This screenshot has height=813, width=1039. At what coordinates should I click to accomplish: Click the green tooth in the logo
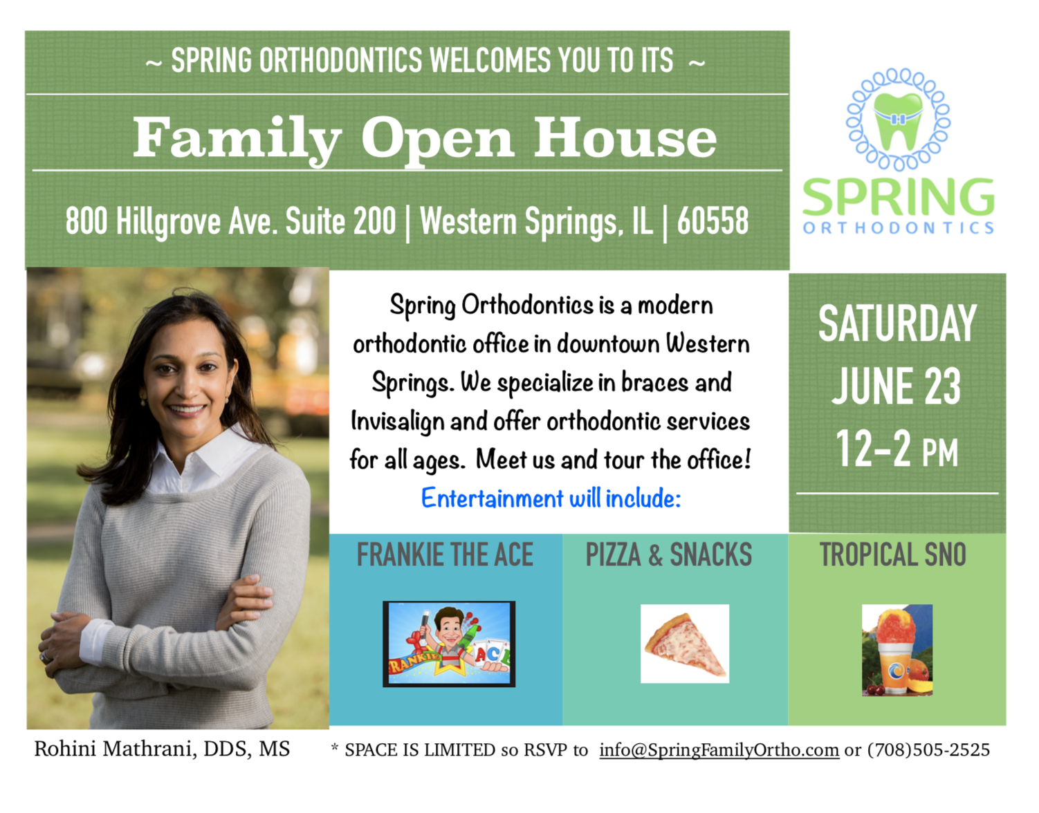coord(897,120)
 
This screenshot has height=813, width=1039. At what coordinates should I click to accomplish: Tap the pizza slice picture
coord(685,644)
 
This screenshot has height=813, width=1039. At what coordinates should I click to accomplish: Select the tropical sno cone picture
coord(897,650)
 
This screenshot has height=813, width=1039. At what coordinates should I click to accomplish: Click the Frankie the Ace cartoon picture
coord(449,644)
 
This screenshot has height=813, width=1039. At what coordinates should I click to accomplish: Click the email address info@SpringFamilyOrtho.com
coord(719,750)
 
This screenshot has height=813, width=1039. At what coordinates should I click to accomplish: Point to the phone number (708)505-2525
coord(928,749)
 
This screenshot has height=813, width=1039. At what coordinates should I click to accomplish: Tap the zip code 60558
coord(712,221)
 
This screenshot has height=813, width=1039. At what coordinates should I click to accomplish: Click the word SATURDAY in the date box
coord(897,324)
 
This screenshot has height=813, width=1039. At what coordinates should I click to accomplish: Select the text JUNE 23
coord(897,386)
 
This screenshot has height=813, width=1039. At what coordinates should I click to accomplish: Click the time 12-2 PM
coord(897,448)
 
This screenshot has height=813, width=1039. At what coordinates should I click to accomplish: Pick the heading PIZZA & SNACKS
coord(669,554)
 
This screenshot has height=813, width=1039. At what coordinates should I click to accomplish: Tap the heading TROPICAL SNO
coord(892,554)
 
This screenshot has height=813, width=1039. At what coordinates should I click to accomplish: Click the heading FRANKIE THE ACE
coord(445,554)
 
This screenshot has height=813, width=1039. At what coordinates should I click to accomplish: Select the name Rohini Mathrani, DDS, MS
coord(162,749)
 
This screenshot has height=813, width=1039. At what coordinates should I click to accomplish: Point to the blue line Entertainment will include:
coord(551,498)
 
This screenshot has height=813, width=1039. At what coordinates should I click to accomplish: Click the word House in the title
coord(625,138)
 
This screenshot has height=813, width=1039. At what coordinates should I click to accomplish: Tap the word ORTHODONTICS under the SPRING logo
coord(899,228)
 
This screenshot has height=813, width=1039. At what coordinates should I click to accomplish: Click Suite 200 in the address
coord(341,221)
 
